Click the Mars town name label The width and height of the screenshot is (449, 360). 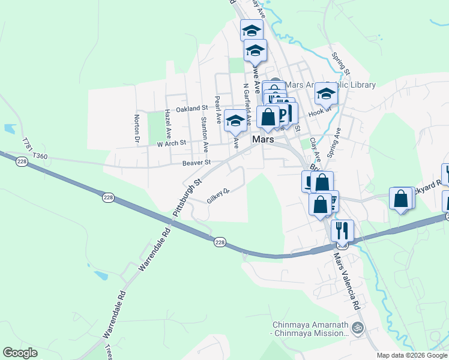point(264,139)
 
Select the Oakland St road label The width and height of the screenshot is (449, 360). point(191,109)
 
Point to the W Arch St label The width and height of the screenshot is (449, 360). point(172,144)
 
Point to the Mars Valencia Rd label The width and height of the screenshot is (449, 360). point(347,281)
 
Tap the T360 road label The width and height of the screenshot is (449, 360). point(40,157)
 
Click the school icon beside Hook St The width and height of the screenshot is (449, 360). point(327,94)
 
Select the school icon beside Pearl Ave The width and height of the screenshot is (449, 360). point(235,120)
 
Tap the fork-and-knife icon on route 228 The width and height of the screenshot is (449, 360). point(342,230)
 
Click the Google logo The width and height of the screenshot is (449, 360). point(20,353)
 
